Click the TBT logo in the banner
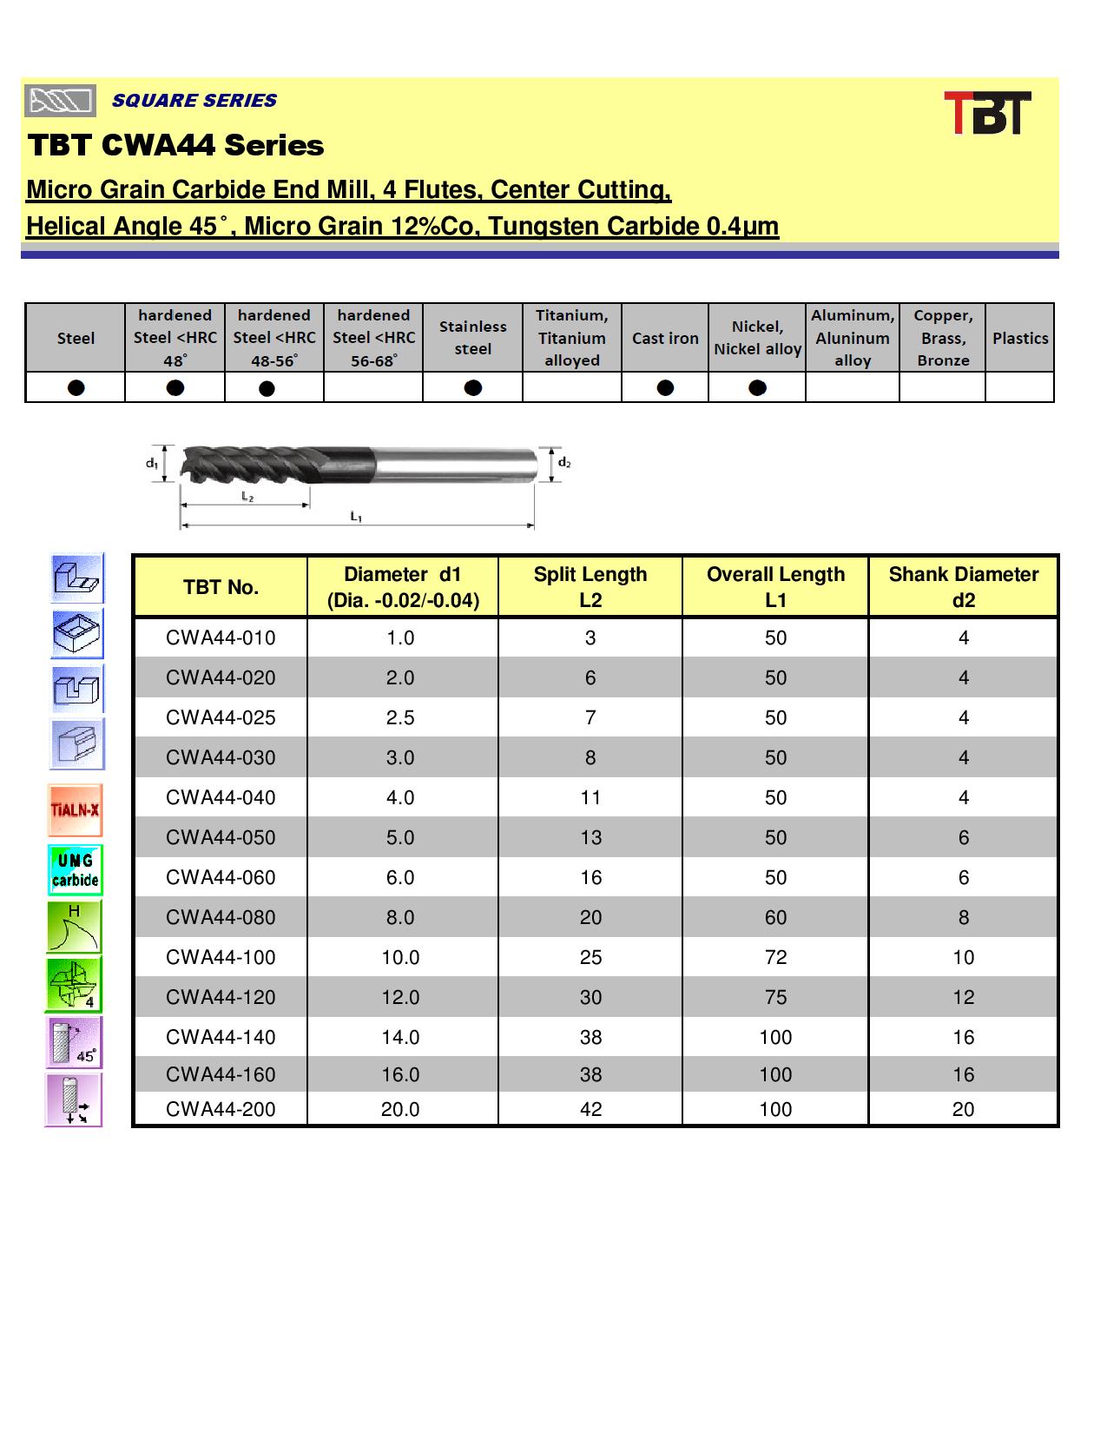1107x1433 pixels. (x=987, y=113)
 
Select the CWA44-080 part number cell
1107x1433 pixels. (x=221, y=917)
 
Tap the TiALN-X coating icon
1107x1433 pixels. (x=76, y=810)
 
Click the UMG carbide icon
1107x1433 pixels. (x=76, y=869)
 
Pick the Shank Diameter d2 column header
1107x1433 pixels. (x=963, y=587)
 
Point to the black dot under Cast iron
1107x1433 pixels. (x=665, y=387)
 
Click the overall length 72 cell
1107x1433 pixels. (x=775, y=957)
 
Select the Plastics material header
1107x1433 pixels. (x=1020, y=338)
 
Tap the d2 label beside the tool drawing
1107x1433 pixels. (x=564, y=463)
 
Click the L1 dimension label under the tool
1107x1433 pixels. (x=356, y=517)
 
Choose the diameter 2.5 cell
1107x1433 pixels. (x=400, y=717)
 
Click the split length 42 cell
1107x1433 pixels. (x=590, y=1109)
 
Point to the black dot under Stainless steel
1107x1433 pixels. (x=473, y=387)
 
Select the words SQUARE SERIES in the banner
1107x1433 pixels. (x=194, y=101)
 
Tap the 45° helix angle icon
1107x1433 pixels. (x=74, y=1042)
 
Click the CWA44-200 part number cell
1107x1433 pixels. (x=221, y=1109)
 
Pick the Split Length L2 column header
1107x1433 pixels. (x=590, y=587)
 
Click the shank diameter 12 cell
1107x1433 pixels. (x=963, y=997)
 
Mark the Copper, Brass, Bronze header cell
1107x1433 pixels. (x=943, y=338)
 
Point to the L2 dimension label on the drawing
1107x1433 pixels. (x=247, y=497)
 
